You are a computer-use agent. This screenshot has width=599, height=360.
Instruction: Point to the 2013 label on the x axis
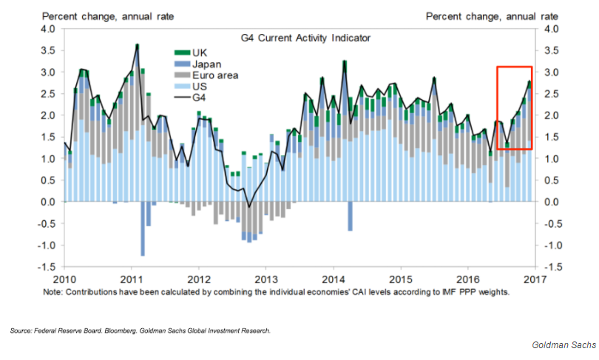coord(266,279)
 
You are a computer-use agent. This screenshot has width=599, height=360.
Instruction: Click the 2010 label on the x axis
coord(64,279)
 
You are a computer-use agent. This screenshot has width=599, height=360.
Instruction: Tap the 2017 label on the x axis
coord(535,279)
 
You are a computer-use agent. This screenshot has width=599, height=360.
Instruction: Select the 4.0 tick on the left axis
coord(47,29)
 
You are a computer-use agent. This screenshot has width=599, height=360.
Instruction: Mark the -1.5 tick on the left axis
coord(46,266)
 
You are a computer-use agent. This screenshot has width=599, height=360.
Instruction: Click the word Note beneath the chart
coord(76,292)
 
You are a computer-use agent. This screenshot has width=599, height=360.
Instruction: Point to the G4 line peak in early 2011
coord(138,45)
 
